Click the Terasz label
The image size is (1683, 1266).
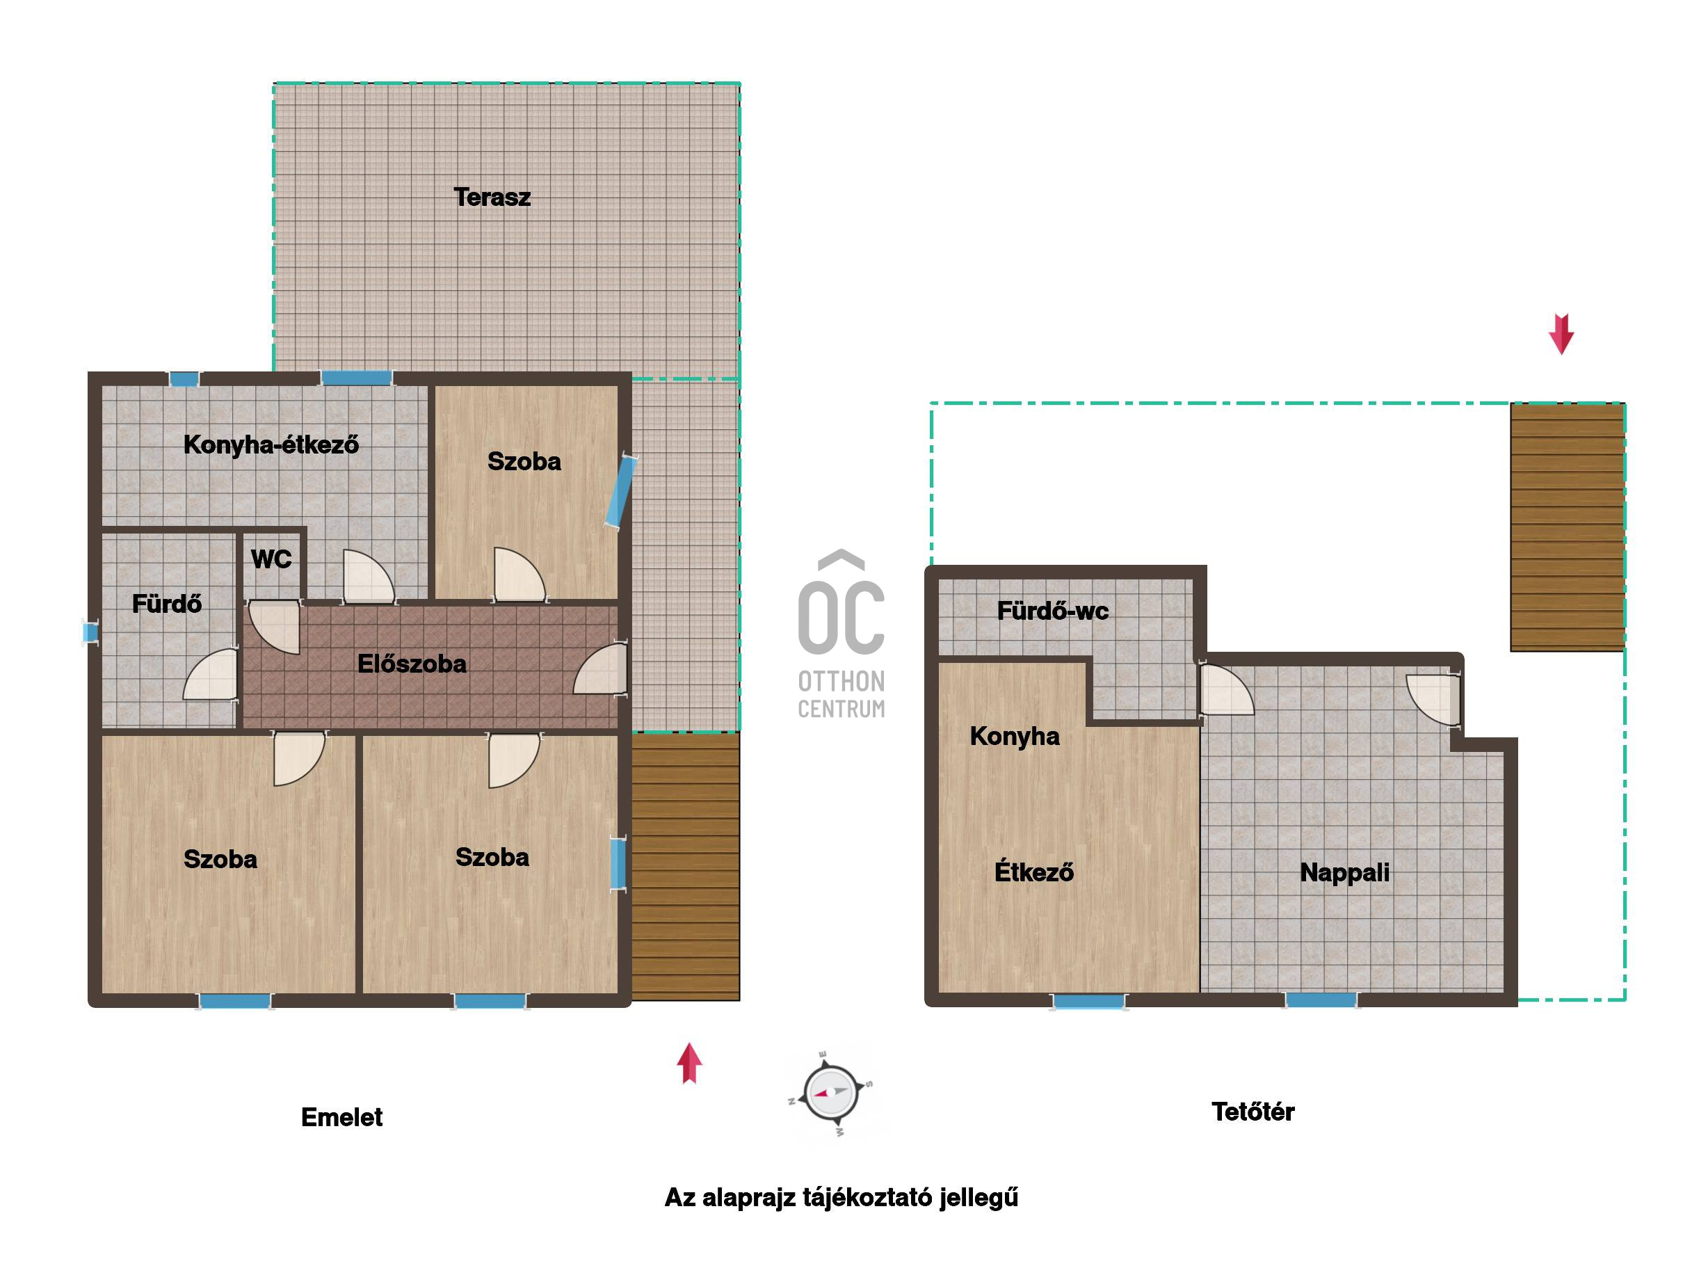tap(492, 197)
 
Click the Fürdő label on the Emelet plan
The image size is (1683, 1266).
tap(167, 603)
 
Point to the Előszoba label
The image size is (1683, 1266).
tap(412, 664)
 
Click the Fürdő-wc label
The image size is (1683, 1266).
tap(1052, 610)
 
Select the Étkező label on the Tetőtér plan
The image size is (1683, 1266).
tap(1034, 871)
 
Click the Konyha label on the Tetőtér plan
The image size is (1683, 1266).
tap(1014, 736)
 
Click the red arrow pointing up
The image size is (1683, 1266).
tap(689, 1063)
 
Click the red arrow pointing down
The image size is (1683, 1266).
tap(1561, 335)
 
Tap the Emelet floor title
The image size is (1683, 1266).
tap(341, 1117)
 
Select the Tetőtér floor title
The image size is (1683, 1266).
tap(1253, 1112)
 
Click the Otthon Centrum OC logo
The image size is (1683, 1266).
tap(841, 634)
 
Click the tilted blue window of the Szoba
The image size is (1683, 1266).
tap(621, 490)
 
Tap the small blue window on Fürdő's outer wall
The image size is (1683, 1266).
tap(90, 632)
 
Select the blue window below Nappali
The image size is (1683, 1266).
tap(1321, 1000)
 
